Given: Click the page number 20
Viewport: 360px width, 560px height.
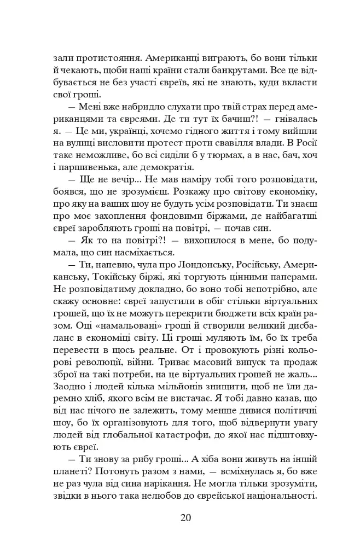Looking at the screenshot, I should (185, 518).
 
